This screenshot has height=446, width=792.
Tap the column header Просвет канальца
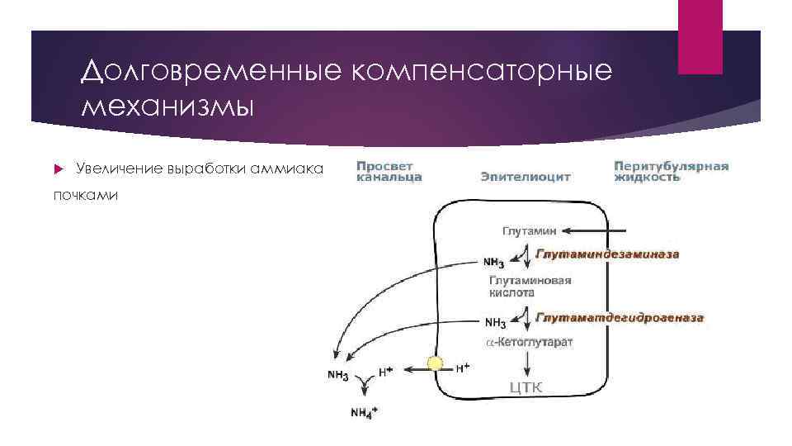click(x=389, y=171)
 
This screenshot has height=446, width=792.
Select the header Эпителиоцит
click(x=526, y=176)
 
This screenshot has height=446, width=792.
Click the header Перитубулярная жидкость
click(x=671, y=171)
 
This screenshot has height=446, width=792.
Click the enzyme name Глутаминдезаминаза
click(x=608, y=254)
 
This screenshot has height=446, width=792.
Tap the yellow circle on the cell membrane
click(x=436, y=364)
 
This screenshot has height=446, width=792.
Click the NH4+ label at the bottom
click(x=361, y=412)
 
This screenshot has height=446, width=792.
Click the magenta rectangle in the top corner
click(x=700, y=37)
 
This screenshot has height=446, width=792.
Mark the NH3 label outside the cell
click(x=337, y=375)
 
